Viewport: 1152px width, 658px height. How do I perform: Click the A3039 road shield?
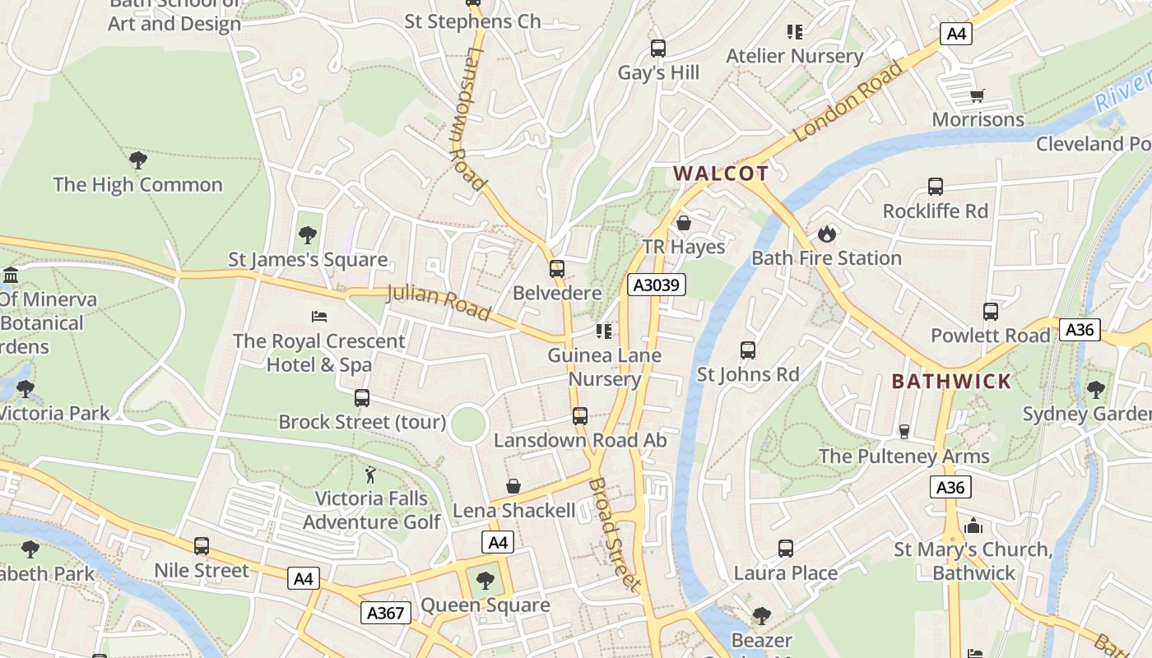coord(656,285)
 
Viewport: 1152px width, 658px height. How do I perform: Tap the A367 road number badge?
coord(385,612)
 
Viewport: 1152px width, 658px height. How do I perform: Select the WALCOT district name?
coord(721,174)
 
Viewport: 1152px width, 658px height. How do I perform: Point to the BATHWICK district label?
coord(951,382)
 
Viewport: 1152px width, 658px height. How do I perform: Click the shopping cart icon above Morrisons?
coord(977,96)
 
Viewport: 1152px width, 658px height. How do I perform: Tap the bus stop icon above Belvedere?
coord(557,269)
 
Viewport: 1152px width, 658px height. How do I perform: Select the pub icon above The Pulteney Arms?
coord(903,432)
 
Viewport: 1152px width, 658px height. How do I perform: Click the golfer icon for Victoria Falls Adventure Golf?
coord(371,475)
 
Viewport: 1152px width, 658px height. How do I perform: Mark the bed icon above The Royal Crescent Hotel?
coord(319,317)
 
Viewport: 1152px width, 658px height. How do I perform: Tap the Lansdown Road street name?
coord(467,118)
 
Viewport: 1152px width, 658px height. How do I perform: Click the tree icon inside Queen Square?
coord(485,581)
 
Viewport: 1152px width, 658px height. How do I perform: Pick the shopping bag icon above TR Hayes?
coord(684,223)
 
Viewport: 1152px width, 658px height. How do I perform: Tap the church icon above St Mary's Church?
coord(973,526)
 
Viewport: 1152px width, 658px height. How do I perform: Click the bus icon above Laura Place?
coord(786,549)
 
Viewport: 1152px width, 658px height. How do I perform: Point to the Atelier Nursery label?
coord(794,56)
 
